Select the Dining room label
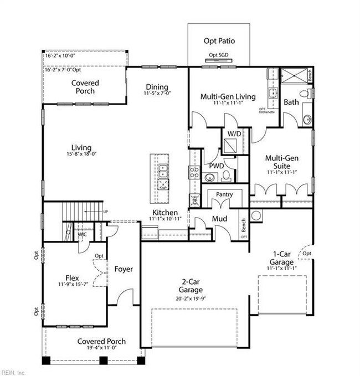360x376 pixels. (x=157, y=87)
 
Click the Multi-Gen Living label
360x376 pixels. (x=228, y=96)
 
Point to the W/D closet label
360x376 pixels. (x=234, y=134)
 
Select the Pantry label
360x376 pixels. (x=224, y=194)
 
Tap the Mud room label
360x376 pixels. (x=219, y=219)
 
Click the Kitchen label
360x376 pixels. (x=165, y=213)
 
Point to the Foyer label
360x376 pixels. (x=124, y=269)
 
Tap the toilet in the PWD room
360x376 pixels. (x=226, y=176)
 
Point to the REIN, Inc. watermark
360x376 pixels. (x=14, y=372)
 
